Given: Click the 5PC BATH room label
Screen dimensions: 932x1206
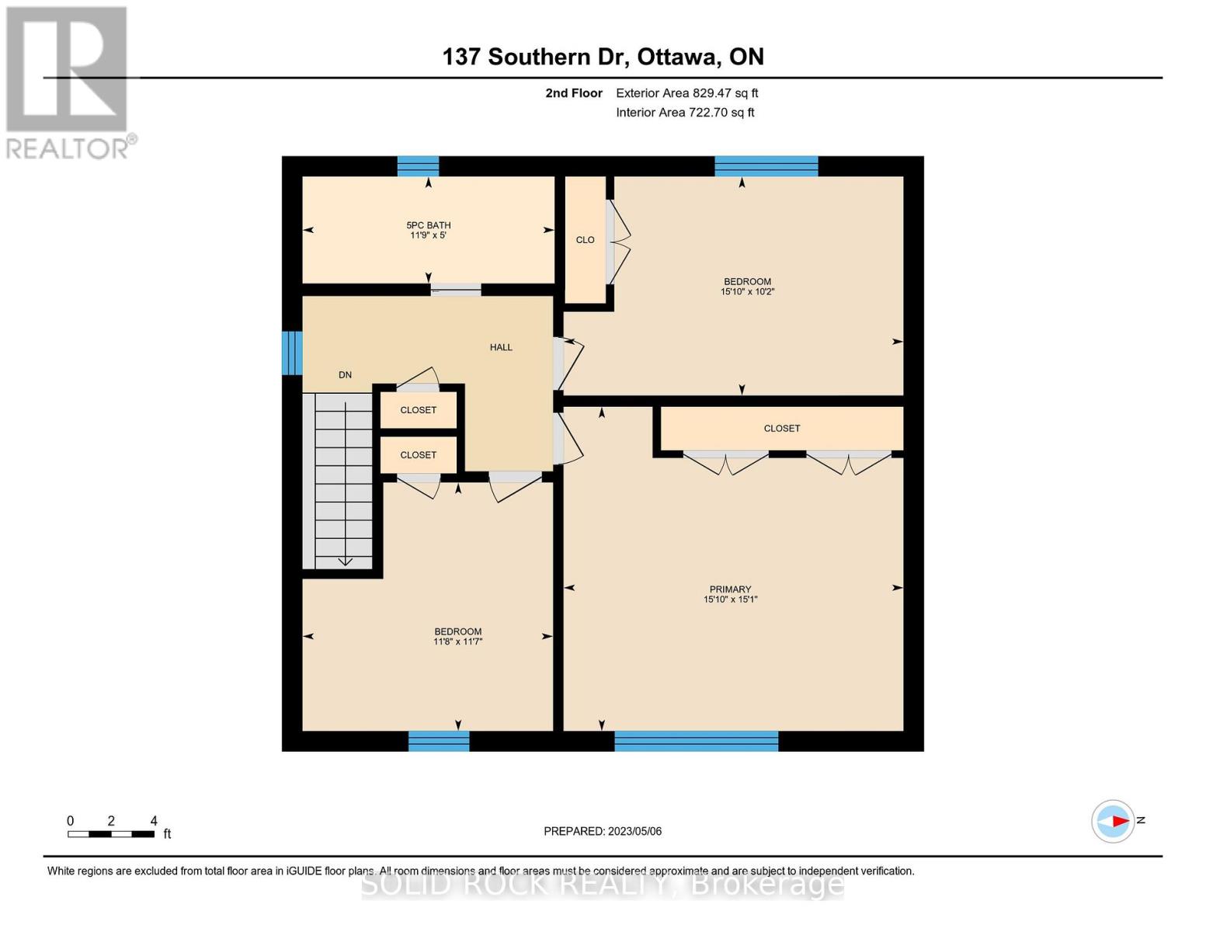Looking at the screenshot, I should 429,225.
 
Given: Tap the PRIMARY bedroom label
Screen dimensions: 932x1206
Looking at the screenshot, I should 730,589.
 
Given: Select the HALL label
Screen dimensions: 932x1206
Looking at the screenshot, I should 501,347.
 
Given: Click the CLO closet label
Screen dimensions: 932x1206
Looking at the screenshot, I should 585,240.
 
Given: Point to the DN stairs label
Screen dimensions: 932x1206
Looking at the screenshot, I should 345,375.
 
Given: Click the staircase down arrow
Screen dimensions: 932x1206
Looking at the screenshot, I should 345,561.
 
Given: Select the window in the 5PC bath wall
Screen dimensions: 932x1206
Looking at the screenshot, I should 418,166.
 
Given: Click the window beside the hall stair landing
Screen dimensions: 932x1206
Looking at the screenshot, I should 291,353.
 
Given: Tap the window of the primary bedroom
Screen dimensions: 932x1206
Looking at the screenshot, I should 696,741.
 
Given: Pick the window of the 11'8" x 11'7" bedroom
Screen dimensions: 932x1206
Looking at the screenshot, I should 439,741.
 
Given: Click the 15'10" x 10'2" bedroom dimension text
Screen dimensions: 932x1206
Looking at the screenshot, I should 747,292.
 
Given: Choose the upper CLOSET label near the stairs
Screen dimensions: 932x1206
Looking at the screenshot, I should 418,410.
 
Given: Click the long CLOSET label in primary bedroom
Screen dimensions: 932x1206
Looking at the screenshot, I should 781,429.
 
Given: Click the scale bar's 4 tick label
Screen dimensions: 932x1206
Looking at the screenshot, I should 154,821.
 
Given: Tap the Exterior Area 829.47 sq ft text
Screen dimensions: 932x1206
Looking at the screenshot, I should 686,93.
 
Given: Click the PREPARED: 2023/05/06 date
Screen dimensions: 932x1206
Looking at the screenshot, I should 603,831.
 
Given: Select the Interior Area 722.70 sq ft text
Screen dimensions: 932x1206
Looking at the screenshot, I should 685,113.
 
